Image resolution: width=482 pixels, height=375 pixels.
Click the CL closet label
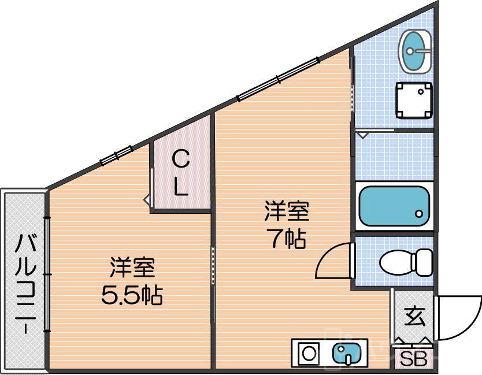tap(181, 173)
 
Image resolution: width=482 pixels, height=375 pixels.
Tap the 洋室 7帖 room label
tap(286, 224)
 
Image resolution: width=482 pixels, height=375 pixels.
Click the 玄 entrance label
tap(414, 317)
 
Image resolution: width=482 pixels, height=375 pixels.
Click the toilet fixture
tap(399, 262)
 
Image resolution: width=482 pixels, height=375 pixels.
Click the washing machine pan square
tap(414, 99)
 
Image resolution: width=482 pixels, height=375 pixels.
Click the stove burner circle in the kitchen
tap(309, 352)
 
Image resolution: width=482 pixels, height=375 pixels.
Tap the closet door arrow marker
tap(147, 200)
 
